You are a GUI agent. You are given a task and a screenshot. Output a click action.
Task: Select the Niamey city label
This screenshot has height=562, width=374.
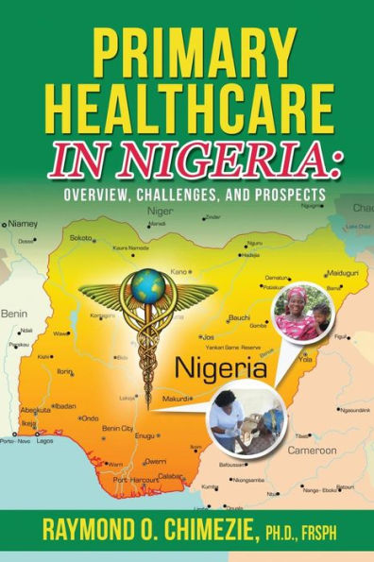click(23, 225)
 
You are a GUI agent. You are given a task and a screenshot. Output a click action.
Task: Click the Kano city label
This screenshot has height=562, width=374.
click(179, 272)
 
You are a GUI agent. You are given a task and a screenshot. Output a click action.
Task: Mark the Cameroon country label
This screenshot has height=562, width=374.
click(312, 451)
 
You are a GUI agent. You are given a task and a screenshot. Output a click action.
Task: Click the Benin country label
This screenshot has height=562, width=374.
click(14, 312)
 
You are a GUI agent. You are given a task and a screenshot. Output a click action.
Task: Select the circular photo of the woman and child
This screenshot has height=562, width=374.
click(301, 313)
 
